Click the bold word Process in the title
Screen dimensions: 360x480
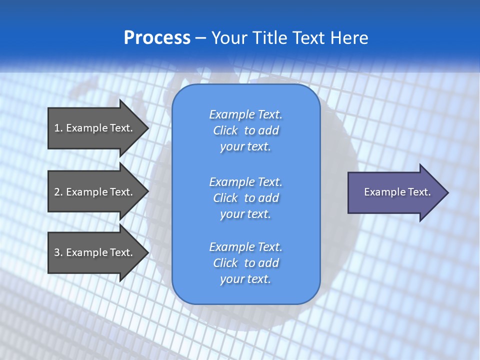[157, 38]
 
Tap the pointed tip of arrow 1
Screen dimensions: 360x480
[147, 128]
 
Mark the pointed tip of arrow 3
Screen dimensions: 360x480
[147, 252]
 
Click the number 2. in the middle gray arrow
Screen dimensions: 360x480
[58, 192]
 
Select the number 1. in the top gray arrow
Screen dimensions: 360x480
[58, 128]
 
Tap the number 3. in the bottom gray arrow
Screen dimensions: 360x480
[58, 252]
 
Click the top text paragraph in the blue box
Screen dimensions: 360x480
[245, 130]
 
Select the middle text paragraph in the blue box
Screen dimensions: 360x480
[245, 198]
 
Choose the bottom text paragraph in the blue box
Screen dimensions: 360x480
[245, 263]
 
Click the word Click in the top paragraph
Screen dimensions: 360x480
[225, 130]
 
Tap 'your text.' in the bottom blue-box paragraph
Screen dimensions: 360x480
[245, 279]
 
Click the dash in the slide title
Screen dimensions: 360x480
[201, 38]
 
